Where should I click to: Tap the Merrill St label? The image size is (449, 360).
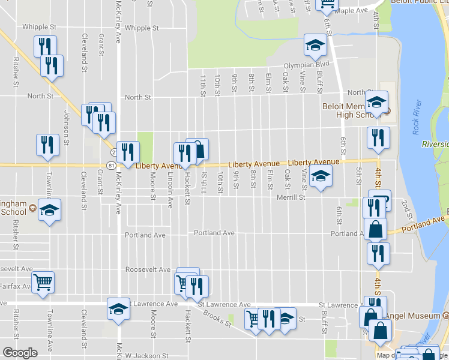click(x=291, y=197)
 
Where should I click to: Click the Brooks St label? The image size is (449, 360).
click(x=217, y=318)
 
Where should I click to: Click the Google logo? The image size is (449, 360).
click(x=20, y=353)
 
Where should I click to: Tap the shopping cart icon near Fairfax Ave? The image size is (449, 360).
click(x=43, y=281)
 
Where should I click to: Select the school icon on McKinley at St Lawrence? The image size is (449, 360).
click(x=118, y=308)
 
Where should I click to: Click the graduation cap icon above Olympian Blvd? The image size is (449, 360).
click(x=315, y=44)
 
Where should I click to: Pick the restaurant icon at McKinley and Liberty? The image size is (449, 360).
click(x=127, y=151)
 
